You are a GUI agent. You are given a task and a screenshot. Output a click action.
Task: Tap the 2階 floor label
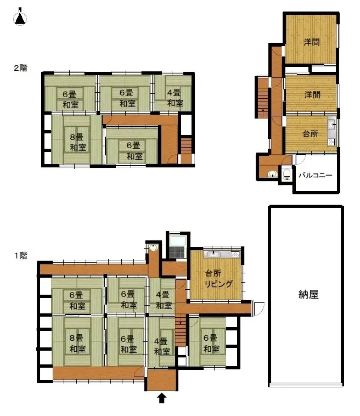coord(20,69)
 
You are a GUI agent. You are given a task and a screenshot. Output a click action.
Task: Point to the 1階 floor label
coord(20,255)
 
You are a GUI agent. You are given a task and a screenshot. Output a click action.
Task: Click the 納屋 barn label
coord(306,295)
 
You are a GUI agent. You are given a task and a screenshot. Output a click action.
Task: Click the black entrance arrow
coord(162,397)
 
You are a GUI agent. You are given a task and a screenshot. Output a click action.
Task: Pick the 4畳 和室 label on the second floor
coord(175,98)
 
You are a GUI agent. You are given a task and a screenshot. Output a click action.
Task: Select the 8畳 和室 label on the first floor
coord(77,344)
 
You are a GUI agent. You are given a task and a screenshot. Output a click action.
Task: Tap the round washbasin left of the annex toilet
coord(272,174)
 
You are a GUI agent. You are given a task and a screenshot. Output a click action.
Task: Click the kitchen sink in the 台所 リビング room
coord(213,255)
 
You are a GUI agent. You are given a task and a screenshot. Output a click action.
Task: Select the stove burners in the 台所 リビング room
coord(235,255)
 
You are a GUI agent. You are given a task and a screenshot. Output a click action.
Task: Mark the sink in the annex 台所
coord(331,125)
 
